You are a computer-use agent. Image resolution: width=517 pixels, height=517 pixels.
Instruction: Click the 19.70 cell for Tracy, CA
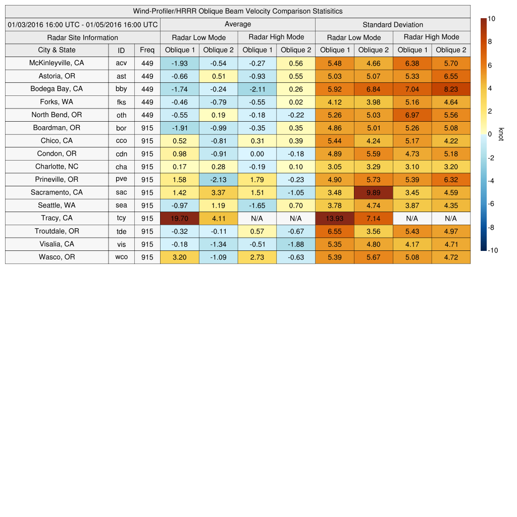click(179, 218)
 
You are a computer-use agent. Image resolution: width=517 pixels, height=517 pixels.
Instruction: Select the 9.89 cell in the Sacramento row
click(373, 192)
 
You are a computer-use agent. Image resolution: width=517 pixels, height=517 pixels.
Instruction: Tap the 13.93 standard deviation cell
click(334, 218)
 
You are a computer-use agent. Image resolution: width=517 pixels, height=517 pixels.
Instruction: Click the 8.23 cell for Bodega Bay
click(451, 89)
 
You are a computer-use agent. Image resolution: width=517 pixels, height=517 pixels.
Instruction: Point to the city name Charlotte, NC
click(57, 167)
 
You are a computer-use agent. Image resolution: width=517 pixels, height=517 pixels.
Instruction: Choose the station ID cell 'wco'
click(121, 257)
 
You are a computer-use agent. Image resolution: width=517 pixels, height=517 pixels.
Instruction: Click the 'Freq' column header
click(147, 50)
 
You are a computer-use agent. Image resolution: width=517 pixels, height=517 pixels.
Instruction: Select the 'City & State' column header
click(57, 50)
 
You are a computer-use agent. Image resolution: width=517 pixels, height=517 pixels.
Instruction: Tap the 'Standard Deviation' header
click(393, 24)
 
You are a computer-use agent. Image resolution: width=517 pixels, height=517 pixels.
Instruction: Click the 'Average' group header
click(237, 24)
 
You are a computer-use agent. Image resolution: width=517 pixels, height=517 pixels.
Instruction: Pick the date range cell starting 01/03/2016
click(83, 24)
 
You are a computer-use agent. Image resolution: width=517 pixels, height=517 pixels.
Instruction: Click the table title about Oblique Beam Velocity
click(238, 11)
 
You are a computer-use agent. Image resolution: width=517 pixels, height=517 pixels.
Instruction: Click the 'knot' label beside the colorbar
click(501, 134)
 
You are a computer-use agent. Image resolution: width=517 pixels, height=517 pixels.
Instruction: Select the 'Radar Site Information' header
click(83, 37)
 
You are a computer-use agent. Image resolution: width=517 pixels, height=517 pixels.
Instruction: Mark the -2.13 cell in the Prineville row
click(218, 179)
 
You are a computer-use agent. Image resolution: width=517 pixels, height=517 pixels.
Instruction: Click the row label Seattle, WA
click(57, 205)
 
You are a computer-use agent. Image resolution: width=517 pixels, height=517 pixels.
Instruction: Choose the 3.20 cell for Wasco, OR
click(179, 257)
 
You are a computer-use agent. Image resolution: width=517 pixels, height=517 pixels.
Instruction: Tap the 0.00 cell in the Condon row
click(257, 153)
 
